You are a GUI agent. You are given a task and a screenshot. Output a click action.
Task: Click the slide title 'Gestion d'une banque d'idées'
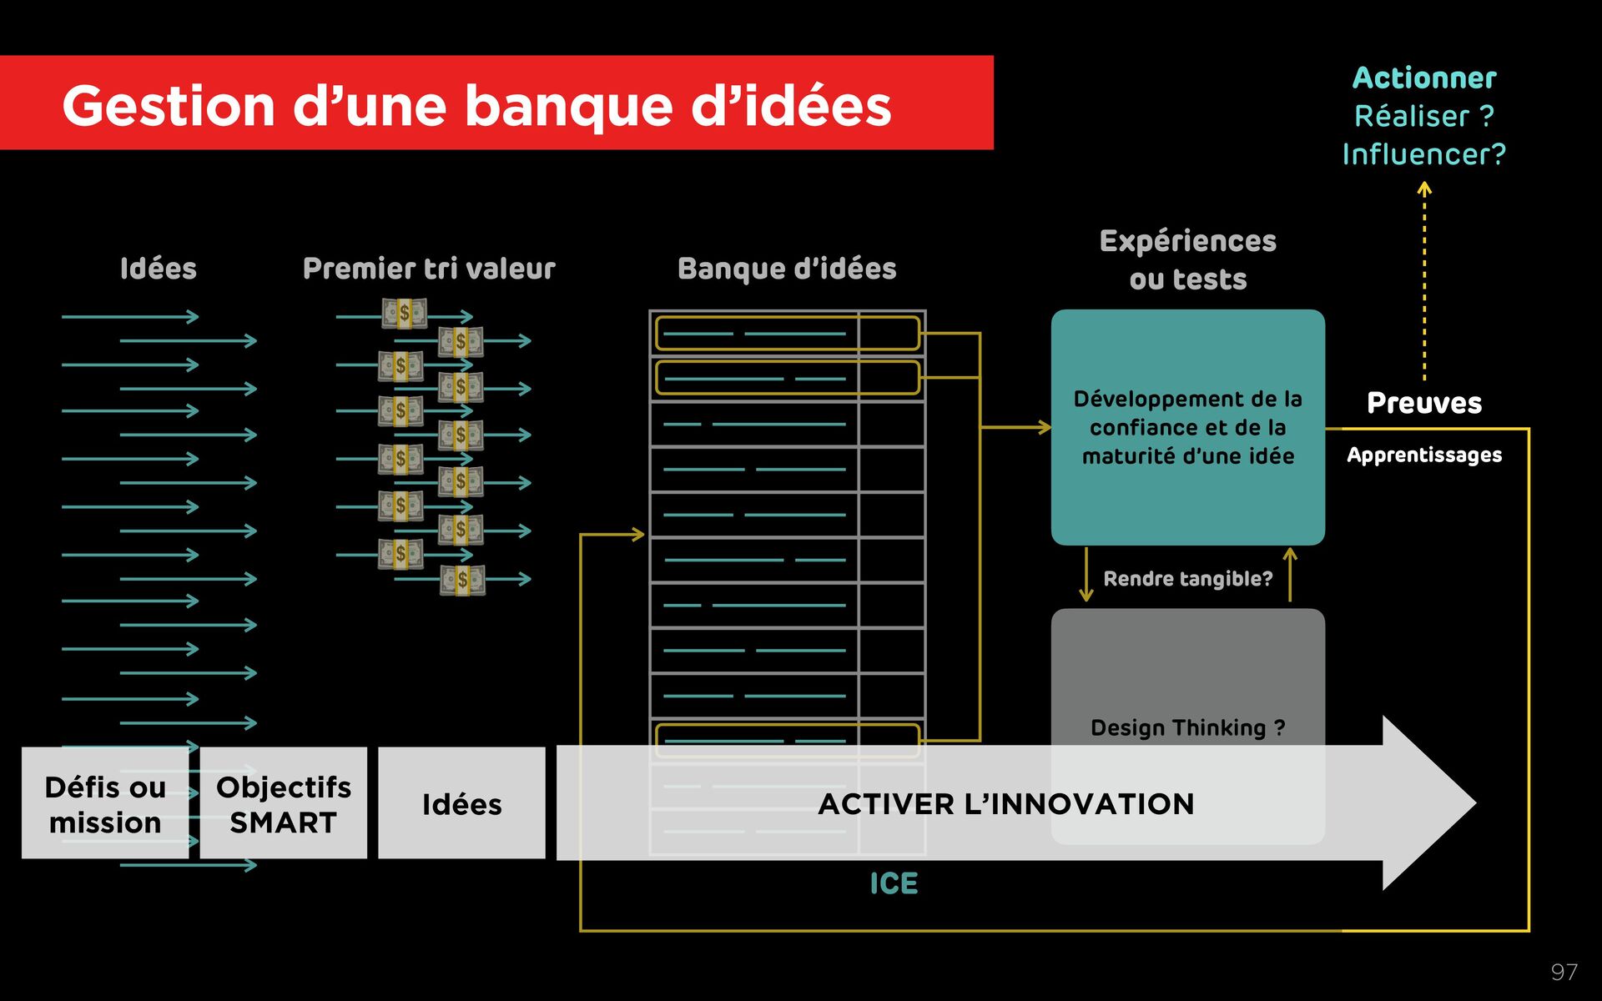476,106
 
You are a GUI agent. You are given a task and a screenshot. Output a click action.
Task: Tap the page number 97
1564,972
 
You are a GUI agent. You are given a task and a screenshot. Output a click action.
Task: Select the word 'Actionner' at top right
1423,78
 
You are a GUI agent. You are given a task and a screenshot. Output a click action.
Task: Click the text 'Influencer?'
1423,154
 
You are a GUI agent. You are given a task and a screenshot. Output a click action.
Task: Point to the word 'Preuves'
1423,403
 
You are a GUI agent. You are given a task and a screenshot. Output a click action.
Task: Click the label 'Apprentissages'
1423,455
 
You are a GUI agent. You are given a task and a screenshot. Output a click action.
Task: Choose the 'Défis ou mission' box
105,803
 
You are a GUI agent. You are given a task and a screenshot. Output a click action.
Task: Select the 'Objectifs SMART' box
283,803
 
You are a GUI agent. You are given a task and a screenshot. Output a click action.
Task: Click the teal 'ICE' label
894,883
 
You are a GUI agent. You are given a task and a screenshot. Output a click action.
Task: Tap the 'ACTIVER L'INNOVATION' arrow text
1005,803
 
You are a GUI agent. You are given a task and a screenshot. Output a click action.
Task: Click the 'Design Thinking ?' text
1187,727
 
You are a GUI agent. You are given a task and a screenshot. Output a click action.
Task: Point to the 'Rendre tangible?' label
1187,578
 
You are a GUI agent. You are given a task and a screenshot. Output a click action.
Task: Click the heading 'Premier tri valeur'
429,269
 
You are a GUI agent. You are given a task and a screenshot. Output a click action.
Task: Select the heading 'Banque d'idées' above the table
787,269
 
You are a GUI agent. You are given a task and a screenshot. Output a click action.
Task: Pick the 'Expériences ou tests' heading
1187,259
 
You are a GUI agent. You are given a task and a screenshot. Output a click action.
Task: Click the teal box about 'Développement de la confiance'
1187,427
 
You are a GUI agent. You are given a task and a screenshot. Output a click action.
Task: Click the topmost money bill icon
405,314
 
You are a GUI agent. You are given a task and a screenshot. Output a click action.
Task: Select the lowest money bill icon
462,580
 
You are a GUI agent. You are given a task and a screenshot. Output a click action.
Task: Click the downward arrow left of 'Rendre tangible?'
1086,575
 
